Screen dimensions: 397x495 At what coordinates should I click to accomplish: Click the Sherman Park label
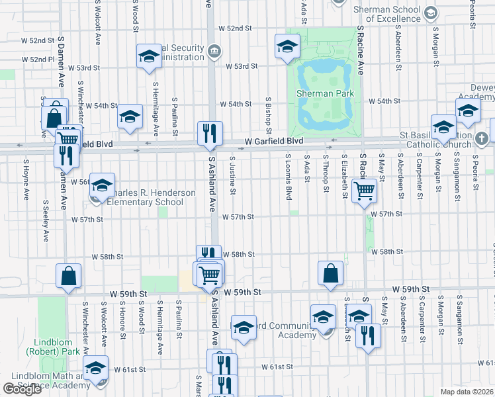click(x=325, y=94)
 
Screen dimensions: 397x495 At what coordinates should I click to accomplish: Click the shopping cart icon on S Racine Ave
click(x=364, y=191)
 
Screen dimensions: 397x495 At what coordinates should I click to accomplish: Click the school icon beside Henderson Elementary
click(x=102, y=186)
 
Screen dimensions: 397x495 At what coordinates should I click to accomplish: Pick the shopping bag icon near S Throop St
click(x=330, y=273)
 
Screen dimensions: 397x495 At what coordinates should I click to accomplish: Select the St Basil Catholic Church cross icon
click(x=481, y=138)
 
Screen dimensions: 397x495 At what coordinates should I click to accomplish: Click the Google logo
click(x=22, y=389)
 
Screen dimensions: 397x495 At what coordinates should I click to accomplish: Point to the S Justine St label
click(x=232, y=175)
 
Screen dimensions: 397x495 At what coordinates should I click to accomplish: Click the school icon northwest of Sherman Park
click(x=287, y=47)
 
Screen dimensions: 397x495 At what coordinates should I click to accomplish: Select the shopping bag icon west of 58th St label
click(x=69, y=276)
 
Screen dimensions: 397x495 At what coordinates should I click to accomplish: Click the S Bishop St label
click(x=269, y=109)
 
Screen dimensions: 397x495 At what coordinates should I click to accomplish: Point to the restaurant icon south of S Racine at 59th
click(x=367, y=335)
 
